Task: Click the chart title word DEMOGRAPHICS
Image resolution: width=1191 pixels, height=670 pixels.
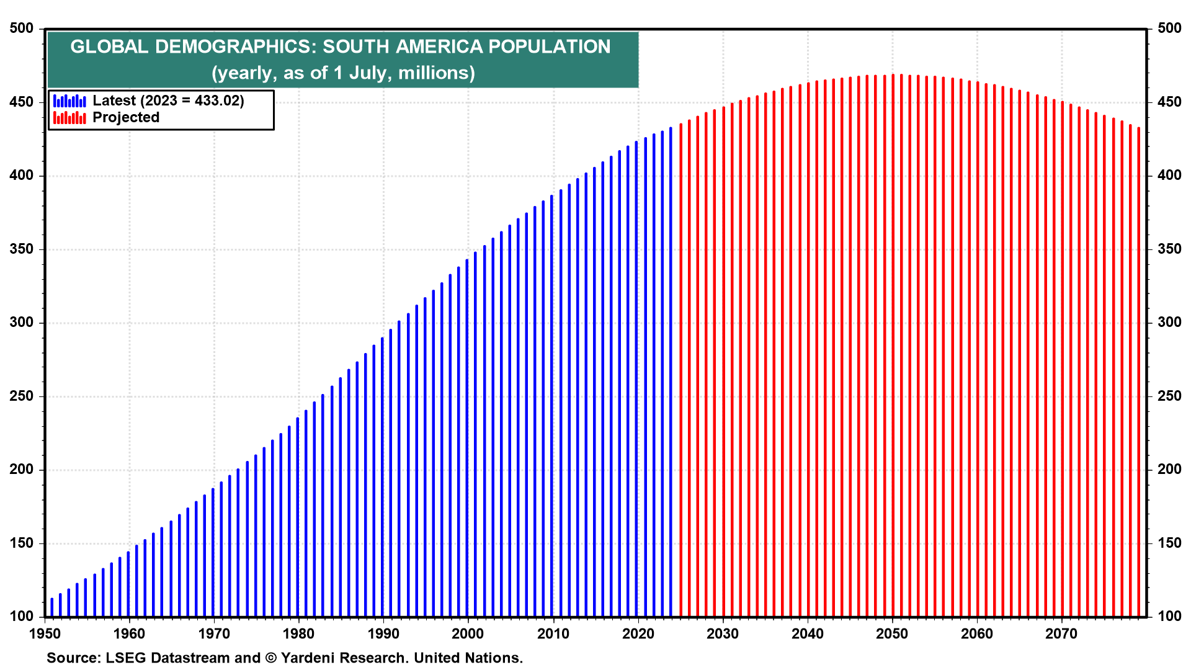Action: pyautogui.click(x=236, y=47)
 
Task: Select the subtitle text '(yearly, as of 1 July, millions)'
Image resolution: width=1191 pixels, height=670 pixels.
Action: pyautogui.click(x=343, y=73)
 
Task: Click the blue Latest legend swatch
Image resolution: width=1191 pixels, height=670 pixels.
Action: pyautogui.click(x=69, y=100)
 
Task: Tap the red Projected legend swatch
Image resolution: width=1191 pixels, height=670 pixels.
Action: pyautogui.click(x=69, y=117)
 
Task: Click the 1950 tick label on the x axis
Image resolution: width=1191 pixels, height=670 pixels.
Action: pyautogui.click(x=45, y=633)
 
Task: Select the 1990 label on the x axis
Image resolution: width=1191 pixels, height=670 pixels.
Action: pyautogui.click(x=383, y=633)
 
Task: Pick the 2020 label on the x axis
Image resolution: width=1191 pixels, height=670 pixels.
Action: pyautogui.click(x=638, y=633)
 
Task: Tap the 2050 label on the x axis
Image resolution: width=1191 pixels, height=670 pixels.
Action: pyautogui.click(x=892, y=633)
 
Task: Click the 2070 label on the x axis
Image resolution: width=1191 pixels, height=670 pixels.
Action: pyautogui.click(x=1061, y=633)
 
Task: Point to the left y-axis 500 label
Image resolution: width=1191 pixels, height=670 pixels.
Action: pyautogui.click(x=21, y=29)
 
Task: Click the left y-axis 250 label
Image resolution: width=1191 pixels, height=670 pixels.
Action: pyautogui.click(x=21, y=396)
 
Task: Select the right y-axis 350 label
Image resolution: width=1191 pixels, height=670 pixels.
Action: pyautogui.click(x=1169, y=249)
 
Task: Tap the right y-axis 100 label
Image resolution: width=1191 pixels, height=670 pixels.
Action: pyautogui.click(x=1169, y=616)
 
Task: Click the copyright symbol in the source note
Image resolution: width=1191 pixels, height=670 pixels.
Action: pyautogui.click(x=271, y=658)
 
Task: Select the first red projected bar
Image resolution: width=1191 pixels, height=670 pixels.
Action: pyautogui.click(x=680, y=372)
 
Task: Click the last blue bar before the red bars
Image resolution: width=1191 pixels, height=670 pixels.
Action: pyautogui.click(x=671, y=372)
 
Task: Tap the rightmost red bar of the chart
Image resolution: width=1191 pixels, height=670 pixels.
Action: pyautogui.click(x=1138, y=372)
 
